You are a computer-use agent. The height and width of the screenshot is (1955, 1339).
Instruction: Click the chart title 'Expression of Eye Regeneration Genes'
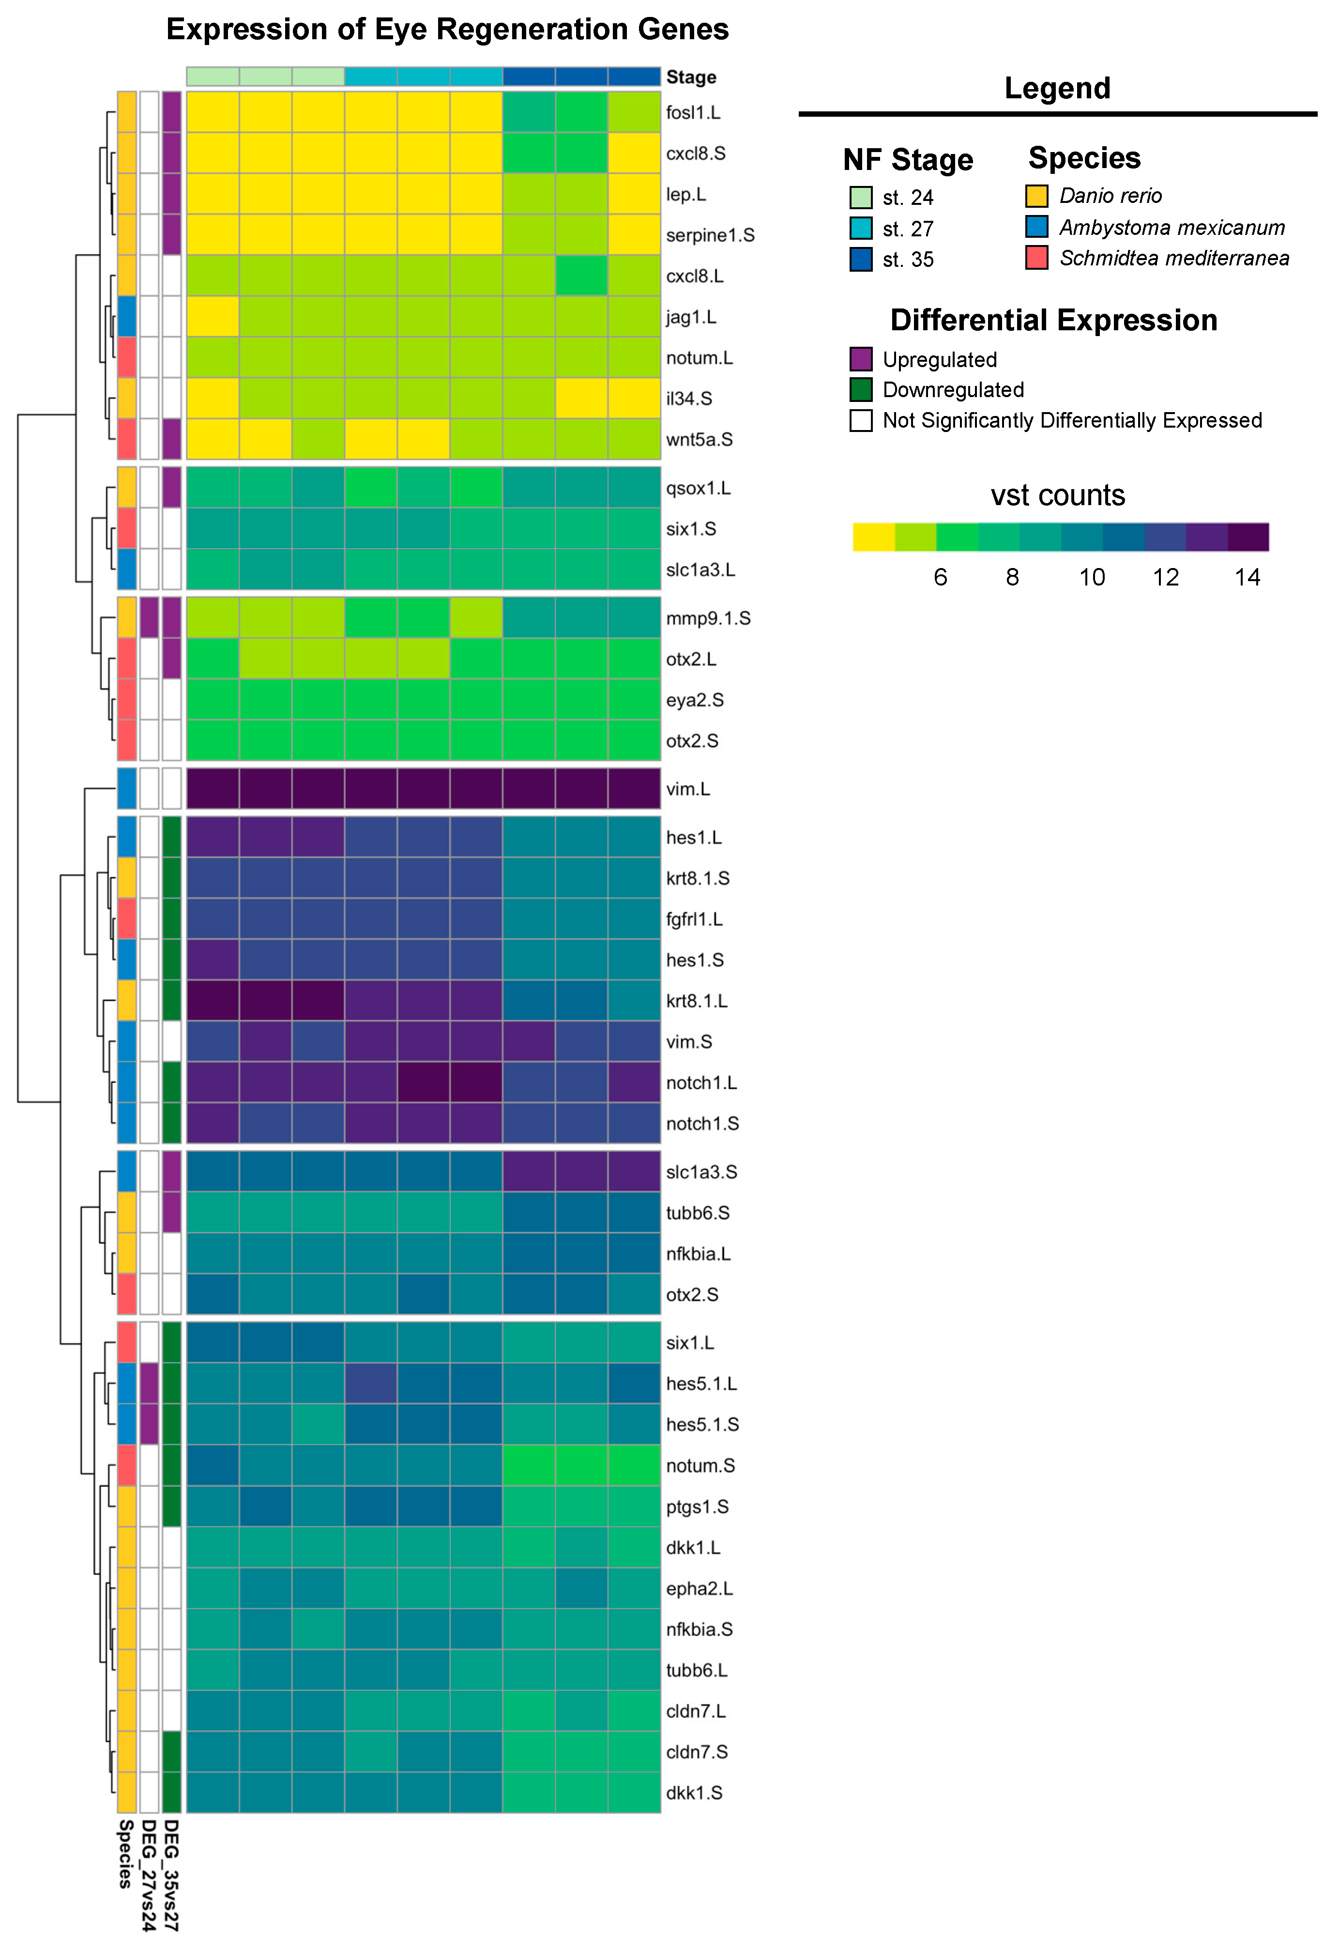coord(447,30)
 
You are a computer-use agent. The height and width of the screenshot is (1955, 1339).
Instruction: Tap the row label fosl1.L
coord(693,113)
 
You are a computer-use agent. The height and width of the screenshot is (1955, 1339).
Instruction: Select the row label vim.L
coord(688,789)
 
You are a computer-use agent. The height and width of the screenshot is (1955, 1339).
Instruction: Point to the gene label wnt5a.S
coord(699,440)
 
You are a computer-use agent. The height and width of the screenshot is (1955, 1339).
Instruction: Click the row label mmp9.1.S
coord(708,618)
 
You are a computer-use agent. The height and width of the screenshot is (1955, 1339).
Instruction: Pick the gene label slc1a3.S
coord(701,1172)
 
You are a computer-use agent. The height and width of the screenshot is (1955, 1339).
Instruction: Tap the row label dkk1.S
coord(694,1793)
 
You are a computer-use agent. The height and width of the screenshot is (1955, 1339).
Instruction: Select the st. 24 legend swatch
coord(860,198)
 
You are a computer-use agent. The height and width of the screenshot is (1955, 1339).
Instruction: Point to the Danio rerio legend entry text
coord(1110,196)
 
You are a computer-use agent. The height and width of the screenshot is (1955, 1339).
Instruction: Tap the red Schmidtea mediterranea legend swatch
coord(1036,258)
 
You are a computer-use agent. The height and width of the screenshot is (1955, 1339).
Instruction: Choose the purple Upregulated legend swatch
coord(860,359)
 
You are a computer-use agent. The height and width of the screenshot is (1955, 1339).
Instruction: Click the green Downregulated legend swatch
coord(860,389)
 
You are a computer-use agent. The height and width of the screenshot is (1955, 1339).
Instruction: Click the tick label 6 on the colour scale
coord(940,577)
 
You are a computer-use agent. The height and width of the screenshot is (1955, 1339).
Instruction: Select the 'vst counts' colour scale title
coord(1057,495)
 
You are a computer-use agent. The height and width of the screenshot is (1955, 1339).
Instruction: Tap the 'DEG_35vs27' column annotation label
coord(171,1874)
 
